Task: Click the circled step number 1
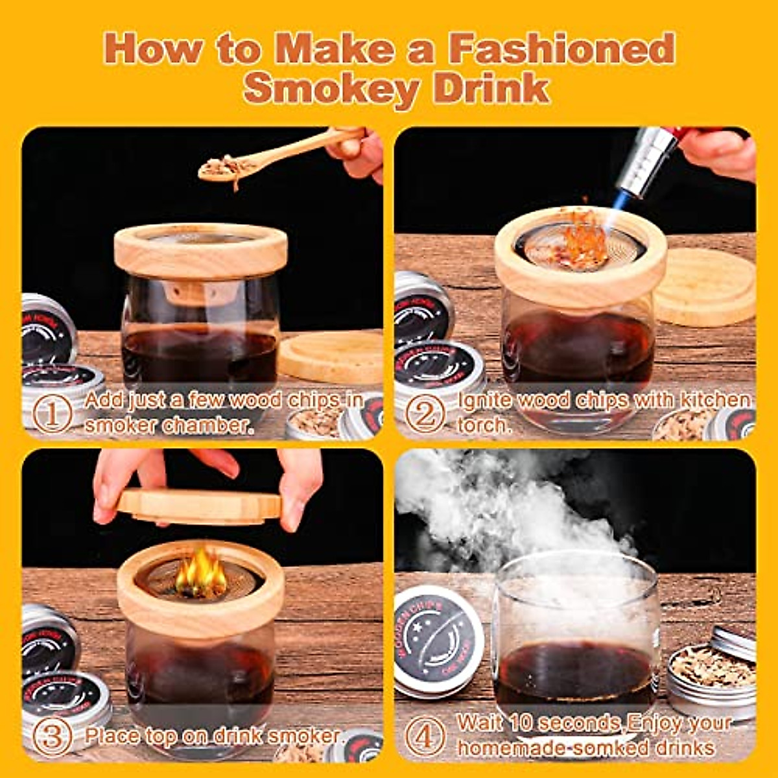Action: click(x=53, y=414)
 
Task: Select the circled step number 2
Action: click(x=425, y=414)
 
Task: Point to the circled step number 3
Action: click(x=53, y=737)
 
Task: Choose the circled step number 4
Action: click(x=425, y=737)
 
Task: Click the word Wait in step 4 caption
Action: click(x=480, y=722)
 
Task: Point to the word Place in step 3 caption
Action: click(x=112, y=736)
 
